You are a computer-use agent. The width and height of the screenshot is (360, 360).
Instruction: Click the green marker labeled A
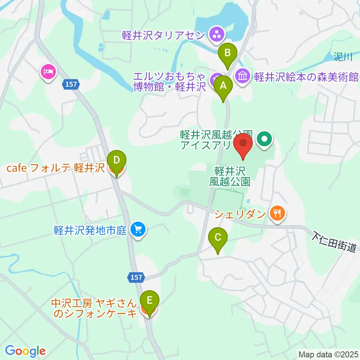(223, 87)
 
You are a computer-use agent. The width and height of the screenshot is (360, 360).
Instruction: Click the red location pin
(243, 145)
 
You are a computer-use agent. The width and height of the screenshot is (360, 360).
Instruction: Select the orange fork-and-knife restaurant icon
(277, 214)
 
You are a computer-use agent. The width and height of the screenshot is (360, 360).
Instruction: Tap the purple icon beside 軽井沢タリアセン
(216, 35)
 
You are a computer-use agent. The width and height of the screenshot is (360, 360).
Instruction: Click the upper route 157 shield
(71, 85)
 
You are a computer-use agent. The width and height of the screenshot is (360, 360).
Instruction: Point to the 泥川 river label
(343, 57)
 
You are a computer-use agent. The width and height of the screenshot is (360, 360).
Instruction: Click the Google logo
(25, 351)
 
